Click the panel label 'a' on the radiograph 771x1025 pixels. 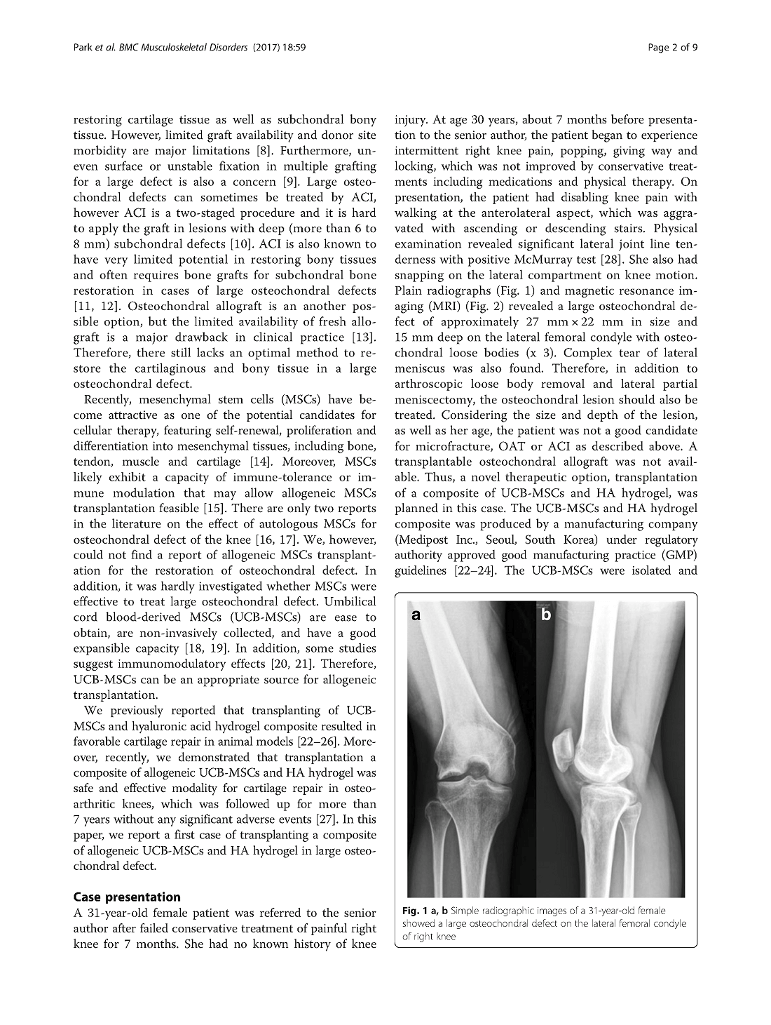coord(416,615)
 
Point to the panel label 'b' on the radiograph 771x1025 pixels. coord(546,615)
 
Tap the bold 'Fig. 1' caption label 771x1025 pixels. coord(416,911)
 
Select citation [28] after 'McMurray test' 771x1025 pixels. coord(602,260)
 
